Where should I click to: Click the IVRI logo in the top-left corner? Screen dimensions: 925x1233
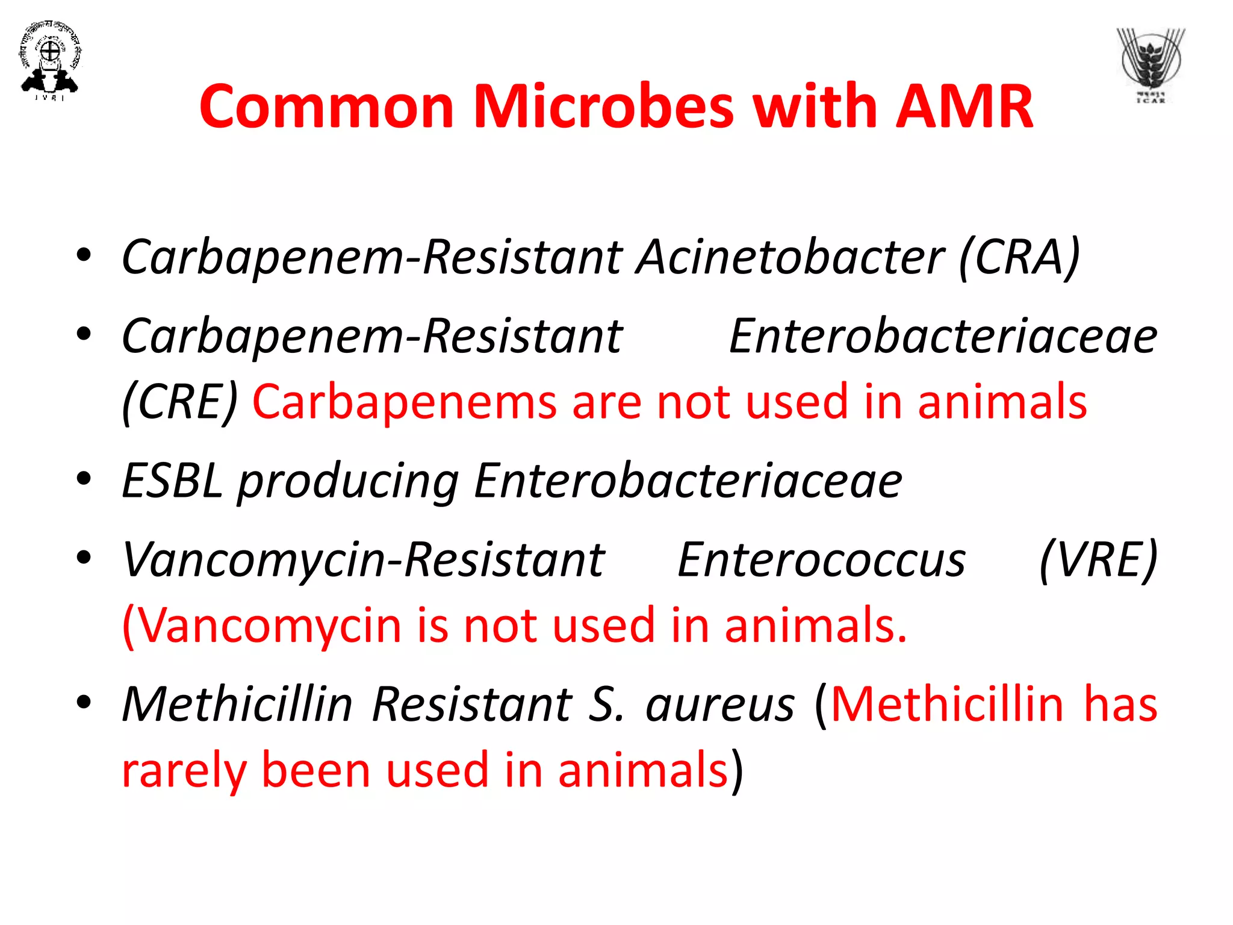click(49, 60)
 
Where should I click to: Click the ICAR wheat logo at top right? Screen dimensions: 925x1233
click(1151, 65)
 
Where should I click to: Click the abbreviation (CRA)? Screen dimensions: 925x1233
click(1019, 257)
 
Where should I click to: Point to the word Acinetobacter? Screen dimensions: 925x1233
click(790, 257)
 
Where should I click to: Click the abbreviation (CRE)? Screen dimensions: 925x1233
click(180, 402)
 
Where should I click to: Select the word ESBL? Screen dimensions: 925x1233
click(172, 481)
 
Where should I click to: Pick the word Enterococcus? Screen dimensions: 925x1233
click(821, 560)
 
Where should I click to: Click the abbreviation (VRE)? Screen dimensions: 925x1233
click(1098, 560)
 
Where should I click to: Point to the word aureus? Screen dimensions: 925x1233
click(720, 705)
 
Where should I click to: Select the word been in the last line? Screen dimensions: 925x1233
click(316, 771)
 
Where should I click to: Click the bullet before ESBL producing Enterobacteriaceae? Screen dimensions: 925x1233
click(84, 479)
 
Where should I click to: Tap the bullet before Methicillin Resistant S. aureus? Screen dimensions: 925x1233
click(84, 702)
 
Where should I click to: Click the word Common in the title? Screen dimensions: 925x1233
click(326, 107)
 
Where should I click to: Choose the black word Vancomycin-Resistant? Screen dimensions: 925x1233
click(363, 560)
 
